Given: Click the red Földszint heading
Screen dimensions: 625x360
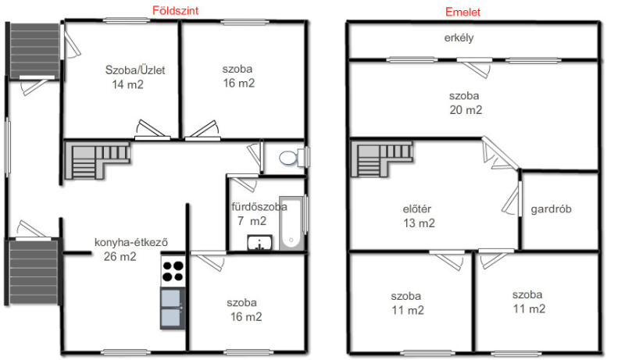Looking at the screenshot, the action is (175, 10).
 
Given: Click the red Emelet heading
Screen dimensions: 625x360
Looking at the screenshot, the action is (462, 12).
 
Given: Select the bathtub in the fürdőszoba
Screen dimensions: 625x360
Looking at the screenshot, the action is (291, 223).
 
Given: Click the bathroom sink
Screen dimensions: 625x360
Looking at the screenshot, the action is (260, 243).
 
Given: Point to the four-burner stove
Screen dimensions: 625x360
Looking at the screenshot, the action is (173, 271).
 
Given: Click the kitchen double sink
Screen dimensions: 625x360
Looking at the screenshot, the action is (173, 308).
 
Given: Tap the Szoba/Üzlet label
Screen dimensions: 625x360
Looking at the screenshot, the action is (135, 70).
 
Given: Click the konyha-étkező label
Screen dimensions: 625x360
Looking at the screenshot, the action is (131, 242).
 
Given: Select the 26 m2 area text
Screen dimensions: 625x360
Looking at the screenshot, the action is (120, 256).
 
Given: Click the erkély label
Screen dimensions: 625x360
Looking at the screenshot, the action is (459, 37).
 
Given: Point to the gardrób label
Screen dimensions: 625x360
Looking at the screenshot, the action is (551, 209).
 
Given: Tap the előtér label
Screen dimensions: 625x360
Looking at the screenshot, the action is (417, 209).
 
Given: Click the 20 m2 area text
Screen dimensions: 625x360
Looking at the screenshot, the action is (466, 110).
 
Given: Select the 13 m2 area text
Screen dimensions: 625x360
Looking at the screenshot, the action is (419, 223).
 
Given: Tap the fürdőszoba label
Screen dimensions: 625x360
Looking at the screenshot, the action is (259, 207).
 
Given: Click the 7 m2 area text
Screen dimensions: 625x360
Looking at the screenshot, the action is (252, 221).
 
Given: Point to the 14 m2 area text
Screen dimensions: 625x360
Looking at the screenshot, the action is (127, 84).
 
